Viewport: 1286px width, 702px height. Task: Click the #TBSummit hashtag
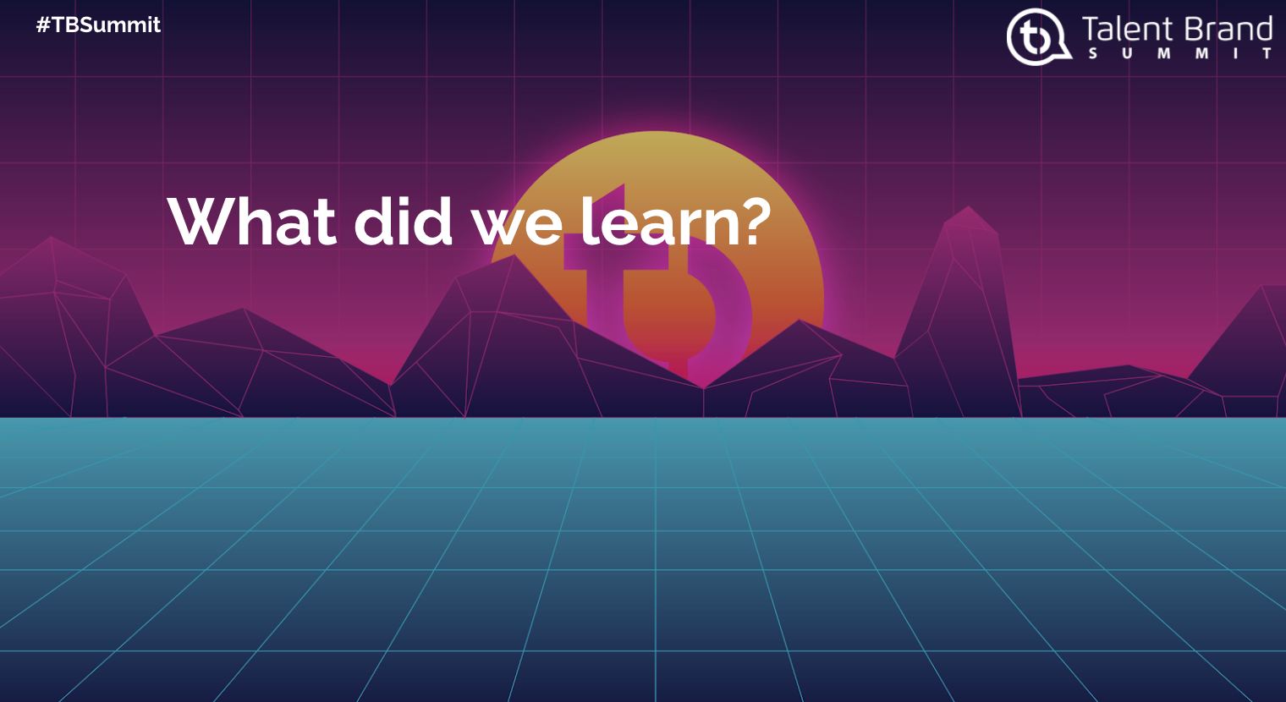(x=98, y=25)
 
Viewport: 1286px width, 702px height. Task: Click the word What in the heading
(x=252, y=222)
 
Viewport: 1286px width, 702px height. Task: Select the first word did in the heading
(x=404, y=221)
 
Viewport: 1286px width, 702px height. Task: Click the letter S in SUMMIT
(x=1093, y=53)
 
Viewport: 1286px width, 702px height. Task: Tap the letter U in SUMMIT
(x=1128, y=53)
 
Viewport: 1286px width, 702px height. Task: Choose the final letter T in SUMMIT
(x=1267, y=53)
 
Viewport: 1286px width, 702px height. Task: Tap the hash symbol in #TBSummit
(x=43, y=25)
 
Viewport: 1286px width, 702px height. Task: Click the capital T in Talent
(x=1091, y=30)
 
